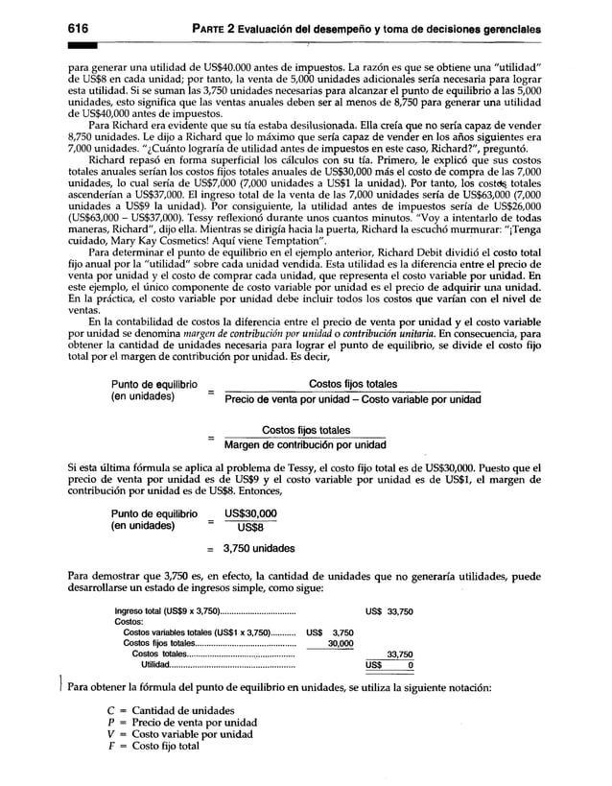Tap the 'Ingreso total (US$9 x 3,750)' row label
(168, 611)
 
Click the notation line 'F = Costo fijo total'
(153, 746)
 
